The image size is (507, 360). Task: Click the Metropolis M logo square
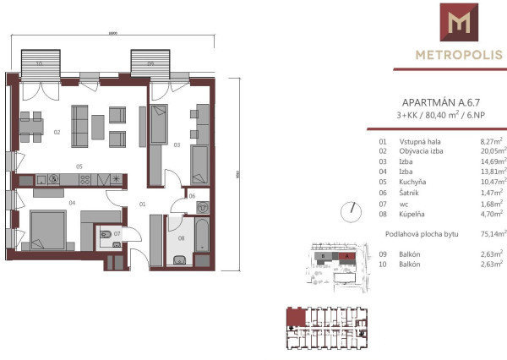[459, 23]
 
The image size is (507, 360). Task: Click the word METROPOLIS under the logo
[458, 56]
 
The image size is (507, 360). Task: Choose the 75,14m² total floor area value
[491, 232]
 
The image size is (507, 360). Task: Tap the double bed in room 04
[53, 228]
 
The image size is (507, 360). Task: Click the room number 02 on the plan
[57, 132]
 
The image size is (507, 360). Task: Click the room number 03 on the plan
[177, 145]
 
